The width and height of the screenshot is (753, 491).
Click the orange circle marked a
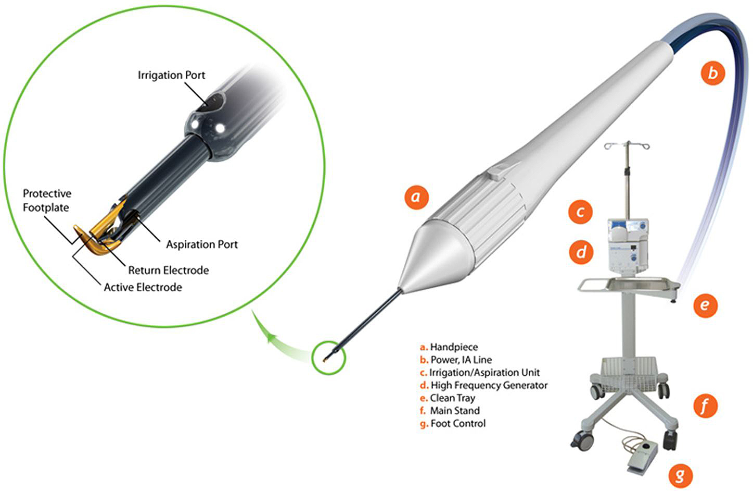(416, 197)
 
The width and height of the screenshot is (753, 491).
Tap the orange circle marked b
(712, 73)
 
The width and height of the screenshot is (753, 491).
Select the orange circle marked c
(580, 212)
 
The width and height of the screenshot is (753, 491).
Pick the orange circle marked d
(581, 252)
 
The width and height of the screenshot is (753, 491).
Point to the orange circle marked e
(705, 305)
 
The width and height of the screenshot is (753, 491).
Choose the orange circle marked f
(705, 406)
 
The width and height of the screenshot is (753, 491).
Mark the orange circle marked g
(680, 475)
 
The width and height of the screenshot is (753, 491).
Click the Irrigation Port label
(171, 76)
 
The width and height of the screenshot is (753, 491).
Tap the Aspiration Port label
(202, 244)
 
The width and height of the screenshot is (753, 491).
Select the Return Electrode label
(169, 270)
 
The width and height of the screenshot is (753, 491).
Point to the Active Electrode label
(143, 287)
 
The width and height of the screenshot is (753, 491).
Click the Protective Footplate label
(47, 200)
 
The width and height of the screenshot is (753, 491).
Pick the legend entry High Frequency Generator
(484, 385)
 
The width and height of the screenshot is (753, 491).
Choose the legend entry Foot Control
(453, 423)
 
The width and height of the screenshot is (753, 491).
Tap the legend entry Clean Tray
(448, 398)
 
